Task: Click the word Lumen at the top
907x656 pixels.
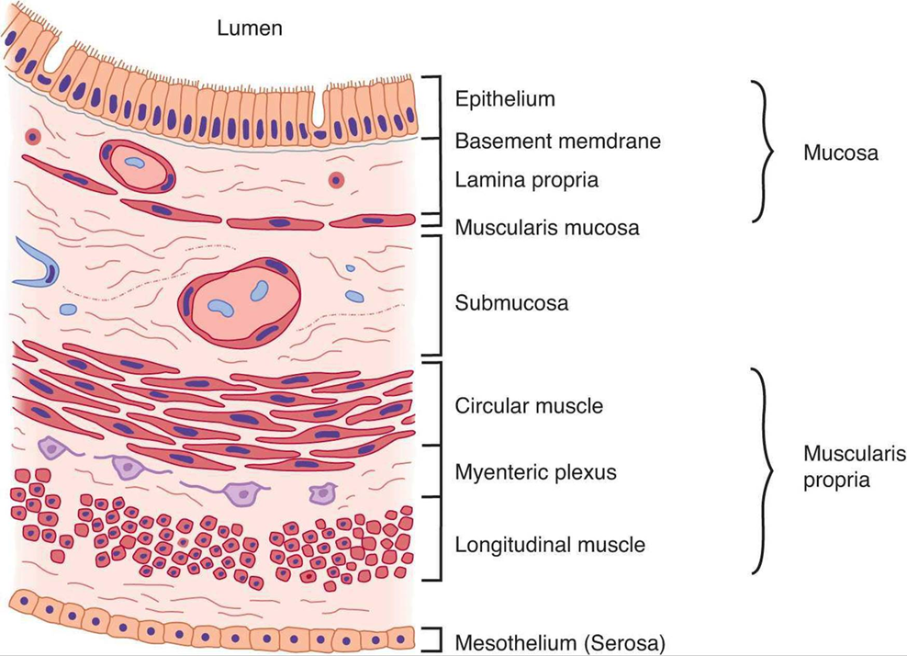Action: (x=249, y=28)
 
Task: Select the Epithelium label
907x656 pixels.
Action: (x=505, y=98)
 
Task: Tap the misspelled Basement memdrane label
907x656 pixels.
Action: (x=557, y=141)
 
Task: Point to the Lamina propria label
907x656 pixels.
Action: (x=526, y=180)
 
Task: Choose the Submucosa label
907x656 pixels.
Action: (x=511, y=302)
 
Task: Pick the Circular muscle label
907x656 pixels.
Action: (x=529, y=405)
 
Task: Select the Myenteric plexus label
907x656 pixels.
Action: (x=535, y=472)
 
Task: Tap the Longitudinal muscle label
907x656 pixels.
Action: (x=549, y=545)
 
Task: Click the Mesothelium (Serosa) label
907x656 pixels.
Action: (x=560, y=641)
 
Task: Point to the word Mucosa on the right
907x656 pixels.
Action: (x=840, y=153)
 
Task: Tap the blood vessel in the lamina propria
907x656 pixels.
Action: (x=136, y=165)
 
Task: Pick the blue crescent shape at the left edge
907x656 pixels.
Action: (x=34, y=266)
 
